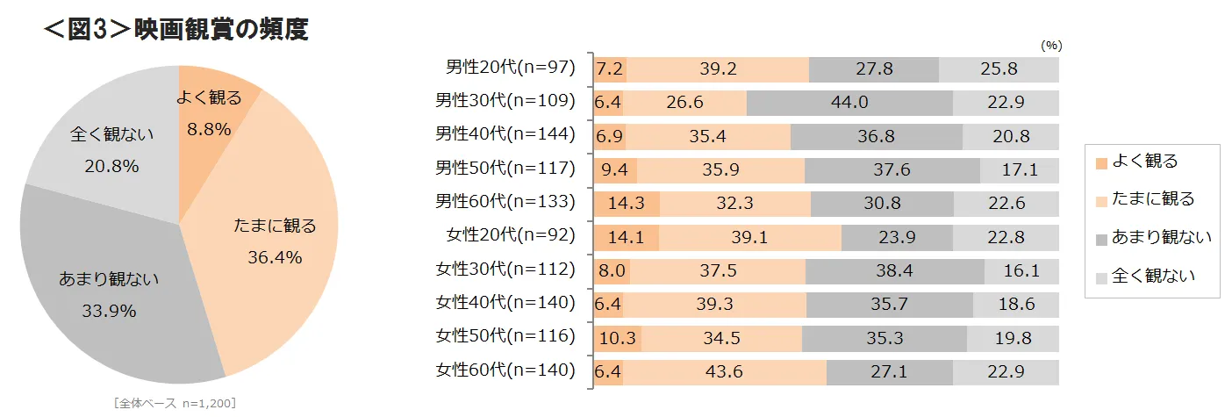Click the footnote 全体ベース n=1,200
(x=175, y=403)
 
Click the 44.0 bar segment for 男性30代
(x=849, y=102)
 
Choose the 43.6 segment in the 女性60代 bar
(x=725, y=371)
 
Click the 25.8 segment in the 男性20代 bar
(x=999, y=69)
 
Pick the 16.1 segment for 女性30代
(x=1021, y=270)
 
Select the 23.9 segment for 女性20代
(x=897, y=237)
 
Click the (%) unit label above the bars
(x=1051, y=46)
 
